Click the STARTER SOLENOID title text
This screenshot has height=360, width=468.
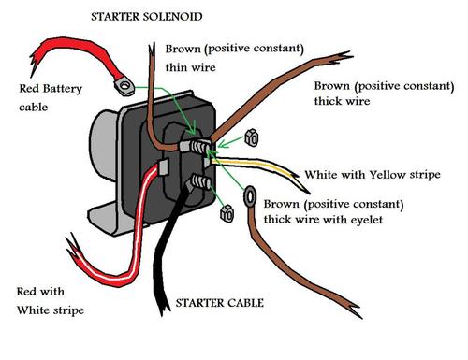point(147,17)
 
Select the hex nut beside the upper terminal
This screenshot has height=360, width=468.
point(252,137)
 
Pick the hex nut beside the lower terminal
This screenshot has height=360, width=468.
point(227,213)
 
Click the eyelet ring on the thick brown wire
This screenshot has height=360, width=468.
point(250,196)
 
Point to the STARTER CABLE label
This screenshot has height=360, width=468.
point(220,303)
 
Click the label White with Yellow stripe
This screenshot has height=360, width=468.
point(373,175)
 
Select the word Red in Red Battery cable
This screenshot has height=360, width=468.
point(29,89)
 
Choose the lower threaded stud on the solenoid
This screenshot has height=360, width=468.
point(199,181)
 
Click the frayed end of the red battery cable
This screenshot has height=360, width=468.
point(35,63)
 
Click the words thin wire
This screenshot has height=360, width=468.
point(190,67)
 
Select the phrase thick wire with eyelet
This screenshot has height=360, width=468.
point(323,220)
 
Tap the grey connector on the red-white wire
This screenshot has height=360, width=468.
point(163,167)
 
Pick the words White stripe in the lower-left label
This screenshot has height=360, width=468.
point(51,310)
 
